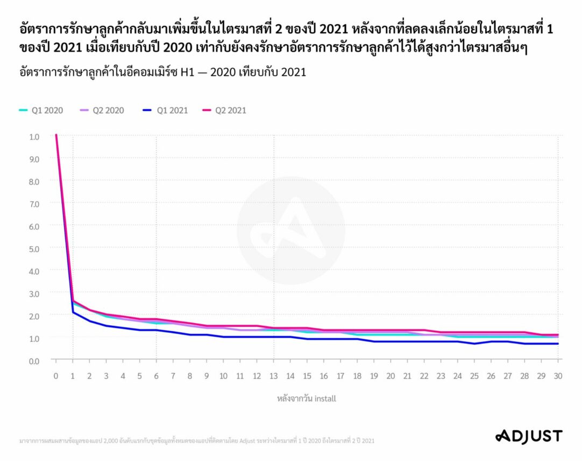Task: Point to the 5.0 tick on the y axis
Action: [34, 248]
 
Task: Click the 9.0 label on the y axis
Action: [34, 159]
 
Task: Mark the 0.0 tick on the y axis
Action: [34, 360]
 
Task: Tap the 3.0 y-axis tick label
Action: [34, 293]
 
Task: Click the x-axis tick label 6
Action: [157, 376]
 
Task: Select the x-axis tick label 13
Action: [274, 376]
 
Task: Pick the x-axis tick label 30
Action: [558, 376]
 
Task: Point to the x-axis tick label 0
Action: [56, 376]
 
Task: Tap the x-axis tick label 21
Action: [408, 376]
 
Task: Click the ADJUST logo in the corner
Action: [528, 436]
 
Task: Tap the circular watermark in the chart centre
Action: [290, 230]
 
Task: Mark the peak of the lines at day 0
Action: [56, 135]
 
